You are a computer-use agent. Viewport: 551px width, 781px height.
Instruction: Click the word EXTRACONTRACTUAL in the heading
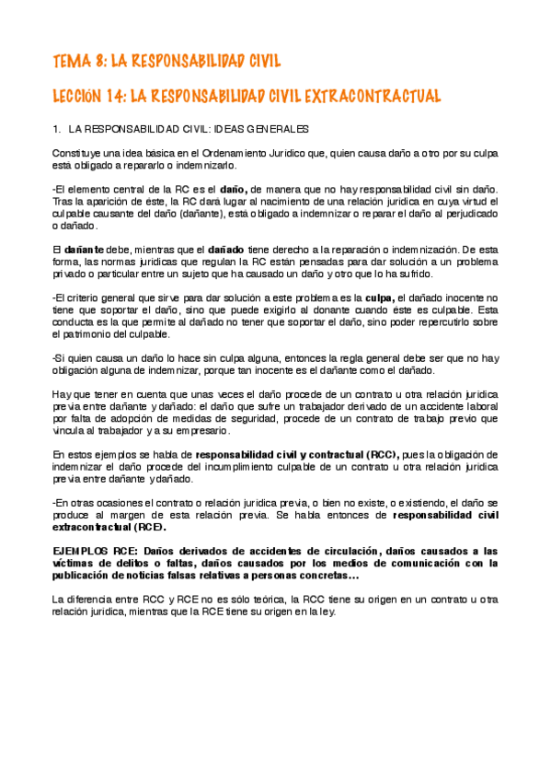(372, 96)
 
